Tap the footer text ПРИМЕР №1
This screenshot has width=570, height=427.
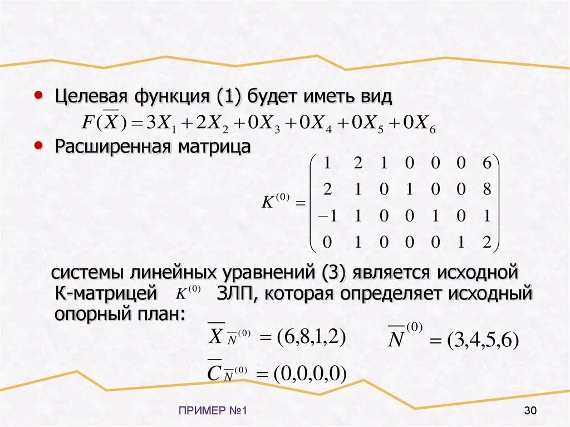213,411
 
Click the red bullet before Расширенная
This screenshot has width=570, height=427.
38,145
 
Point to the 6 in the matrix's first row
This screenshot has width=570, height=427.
487,164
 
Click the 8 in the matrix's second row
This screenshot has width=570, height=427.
487,190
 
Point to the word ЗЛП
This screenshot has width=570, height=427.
234,293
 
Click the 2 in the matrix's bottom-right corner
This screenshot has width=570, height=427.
487,242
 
